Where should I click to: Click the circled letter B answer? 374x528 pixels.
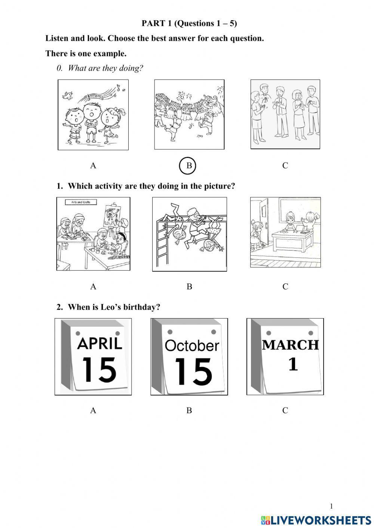click(187, 166)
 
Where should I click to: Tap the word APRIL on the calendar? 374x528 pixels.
click(99, 343)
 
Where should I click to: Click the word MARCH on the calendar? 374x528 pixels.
click(290, 345)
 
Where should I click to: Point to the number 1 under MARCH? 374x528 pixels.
click(293, 364)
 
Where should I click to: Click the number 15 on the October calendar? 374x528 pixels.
click(193, 372)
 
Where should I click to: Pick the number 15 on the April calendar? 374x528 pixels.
click(99, 369)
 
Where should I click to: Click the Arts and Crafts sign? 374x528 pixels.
click(81, 202)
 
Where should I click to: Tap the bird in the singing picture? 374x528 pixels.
click(68, 95)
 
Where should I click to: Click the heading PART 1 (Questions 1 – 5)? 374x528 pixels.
click(189, 23)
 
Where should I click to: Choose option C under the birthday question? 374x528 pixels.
click(285, 410)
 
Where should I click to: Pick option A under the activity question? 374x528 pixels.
click(93, 287)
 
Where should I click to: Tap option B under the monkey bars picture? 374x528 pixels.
click(189, 287)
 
